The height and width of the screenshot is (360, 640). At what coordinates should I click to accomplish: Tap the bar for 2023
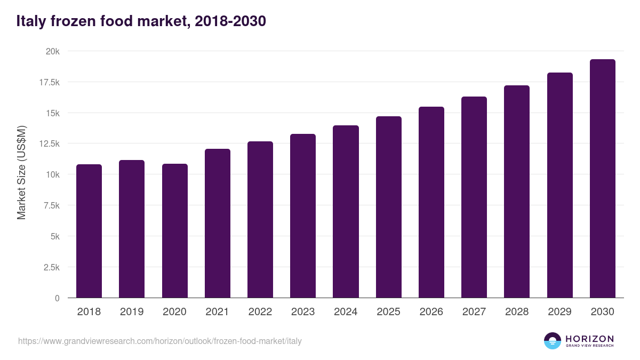303,216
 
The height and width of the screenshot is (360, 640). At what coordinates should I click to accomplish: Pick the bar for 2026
431,202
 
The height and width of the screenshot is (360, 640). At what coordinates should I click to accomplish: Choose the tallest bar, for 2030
602,179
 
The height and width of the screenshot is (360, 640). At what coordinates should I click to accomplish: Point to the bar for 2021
217,223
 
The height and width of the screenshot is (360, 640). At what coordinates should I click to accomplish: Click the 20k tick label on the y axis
52,52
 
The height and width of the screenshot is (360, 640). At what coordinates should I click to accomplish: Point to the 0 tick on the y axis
57,298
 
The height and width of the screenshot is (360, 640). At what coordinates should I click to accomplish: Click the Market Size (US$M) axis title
21,172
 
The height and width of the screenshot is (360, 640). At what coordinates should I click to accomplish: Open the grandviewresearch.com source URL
160,341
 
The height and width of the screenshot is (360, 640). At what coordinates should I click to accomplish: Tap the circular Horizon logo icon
553,341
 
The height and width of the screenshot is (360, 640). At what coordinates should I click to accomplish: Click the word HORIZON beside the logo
589,338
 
